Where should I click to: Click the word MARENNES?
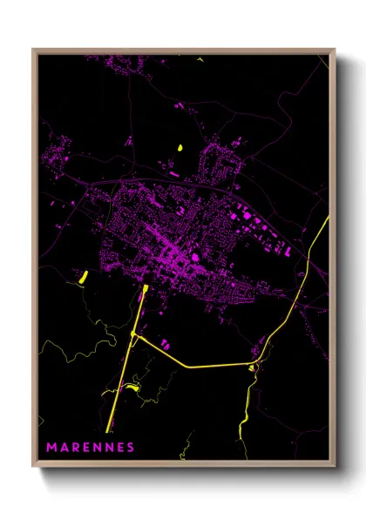91,448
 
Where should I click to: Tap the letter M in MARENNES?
51,448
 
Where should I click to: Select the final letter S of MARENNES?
131,448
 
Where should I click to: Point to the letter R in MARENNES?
75,448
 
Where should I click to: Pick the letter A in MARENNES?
64,448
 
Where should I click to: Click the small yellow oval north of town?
180,147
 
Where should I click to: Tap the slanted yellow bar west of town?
85,279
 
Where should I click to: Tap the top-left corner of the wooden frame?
34,51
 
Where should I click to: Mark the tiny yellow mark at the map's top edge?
200,59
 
